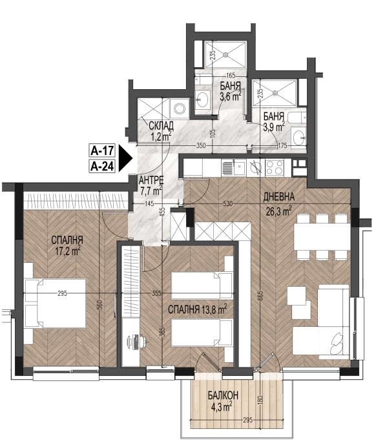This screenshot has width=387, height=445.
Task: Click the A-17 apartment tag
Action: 102,150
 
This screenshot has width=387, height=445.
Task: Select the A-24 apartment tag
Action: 102,166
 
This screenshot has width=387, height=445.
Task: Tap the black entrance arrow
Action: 125,158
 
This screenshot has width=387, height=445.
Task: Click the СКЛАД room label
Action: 161,126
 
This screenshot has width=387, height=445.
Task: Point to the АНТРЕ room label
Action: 151,180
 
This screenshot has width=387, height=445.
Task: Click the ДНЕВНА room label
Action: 279,197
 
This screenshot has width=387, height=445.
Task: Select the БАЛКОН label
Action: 223,395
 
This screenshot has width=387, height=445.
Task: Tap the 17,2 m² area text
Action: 68,251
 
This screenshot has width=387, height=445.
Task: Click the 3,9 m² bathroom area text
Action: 274,127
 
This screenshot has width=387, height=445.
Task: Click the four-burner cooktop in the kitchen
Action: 275,167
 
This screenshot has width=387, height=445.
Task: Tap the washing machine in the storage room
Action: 180,109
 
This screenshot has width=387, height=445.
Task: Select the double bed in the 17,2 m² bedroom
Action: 56,304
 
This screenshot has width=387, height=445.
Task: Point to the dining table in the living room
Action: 322,236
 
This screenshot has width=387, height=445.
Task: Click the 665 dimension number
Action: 260,296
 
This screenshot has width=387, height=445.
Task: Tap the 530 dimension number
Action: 227,203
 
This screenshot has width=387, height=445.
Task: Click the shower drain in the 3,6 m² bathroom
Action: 225,54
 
